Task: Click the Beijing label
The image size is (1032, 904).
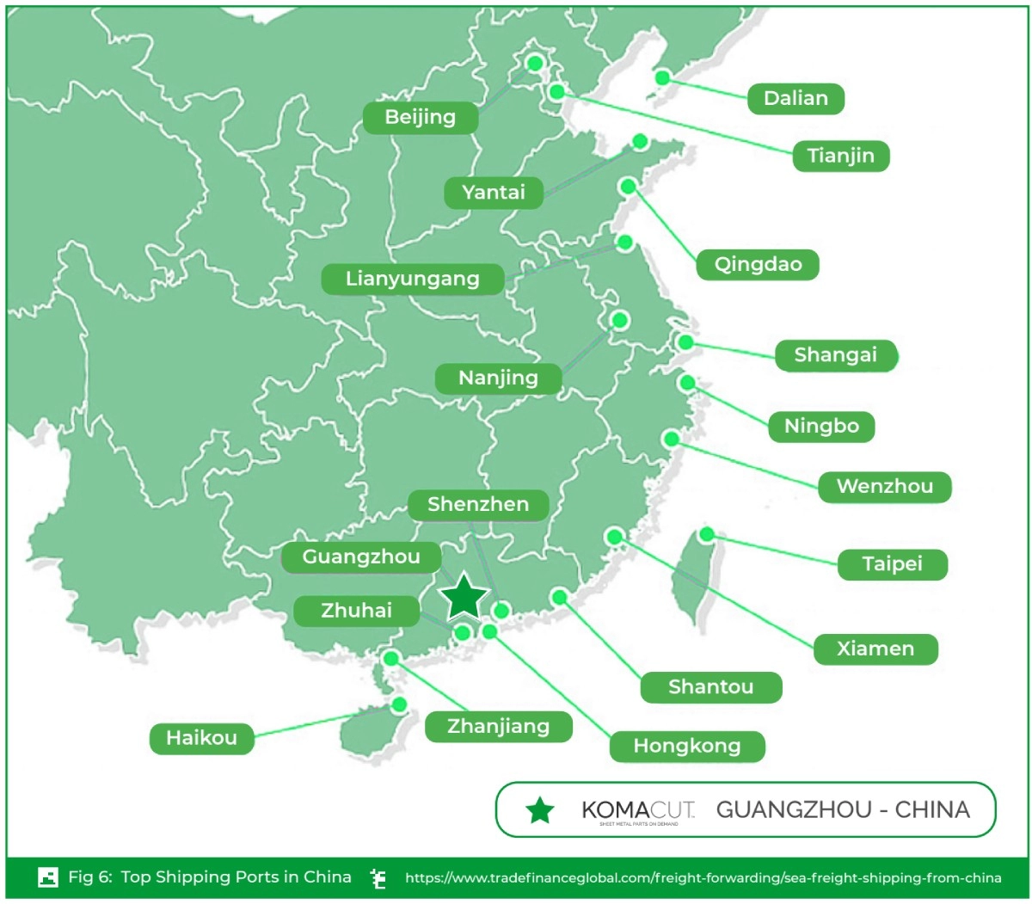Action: [x=420, y=118]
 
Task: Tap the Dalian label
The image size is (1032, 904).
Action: [x=795, y=99]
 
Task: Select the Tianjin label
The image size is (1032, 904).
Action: [x=840, y=157]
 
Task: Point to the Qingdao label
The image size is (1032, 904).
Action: [x=758, y=264]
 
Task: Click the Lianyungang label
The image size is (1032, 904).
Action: [x=412, y=279]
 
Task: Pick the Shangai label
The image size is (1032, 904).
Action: [x=835, y=355]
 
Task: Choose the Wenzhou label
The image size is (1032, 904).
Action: [x=884, y=487]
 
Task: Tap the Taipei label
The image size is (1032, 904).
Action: [x=892, y=564]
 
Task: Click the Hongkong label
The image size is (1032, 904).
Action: [x=686, y=746]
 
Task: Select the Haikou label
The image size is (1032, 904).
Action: [x=201, y=738]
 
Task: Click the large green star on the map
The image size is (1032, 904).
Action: [x=464, y=596]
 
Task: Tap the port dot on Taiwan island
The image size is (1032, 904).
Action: [x=707, y=535]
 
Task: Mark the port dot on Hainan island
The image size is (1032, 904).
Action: [x=398, y=704]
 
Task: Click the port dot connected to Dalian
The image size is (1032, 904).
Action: [x=662, y=77]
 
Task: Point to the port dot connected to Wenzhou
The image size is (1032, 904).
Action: [x=672, y=439]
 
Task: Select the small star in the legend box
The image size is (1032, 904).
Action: [x=540, y=810]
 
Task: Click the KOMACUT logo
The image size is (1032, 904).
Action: [x=637, y=810]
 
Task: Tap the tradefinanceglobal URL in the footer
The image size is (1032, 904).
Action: [x=703, y=878]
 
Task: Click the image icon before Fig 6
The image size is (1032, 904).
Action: [x=48, y=877]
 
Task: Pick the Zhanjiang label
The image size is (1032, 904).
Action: [x=498, y=727]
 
